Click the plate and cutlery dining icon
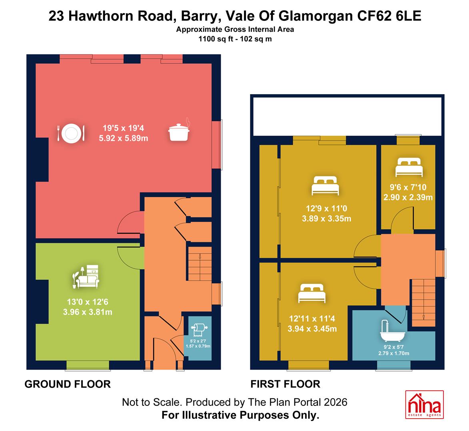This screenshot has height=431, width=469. click(x=71, y=133)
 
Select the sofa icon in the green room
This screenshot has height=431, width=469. click(x=86, y=277)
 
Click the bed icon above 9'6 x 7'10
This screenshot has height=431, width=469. click(x=409, y=167)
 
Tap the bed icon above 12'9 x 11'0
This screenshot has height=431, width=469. click(x=325, y=186)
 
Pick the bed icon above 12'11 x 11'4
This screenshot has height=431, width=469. click(x=312, y=293)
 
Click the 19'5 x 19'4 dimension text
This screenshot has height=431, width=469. click(x=123, y=128)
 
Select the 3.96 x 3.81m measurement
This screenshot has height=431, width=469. click(x=88, y=312)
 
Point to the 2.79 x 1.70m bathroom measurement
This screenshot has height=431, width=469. click(x=393, y=354)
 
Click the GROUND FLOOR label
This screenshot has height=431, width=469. click(x=68, y=384)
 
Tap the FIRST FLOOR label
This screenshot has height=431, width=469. click(x=285, y=384)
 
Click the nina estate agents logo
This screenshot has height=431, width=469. click(x=425, y=404)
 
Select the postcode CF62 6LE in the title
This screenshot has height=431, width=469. click(x=389, y=16)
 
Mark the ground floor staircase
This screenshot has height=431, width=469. click(x=200, y=263)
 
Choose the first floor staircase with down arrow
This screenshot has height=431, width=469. click(x=423, y=302)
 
